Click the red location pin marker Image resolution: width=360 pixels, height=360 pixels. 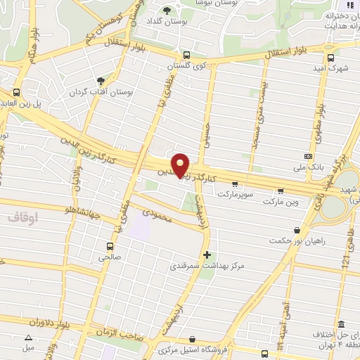tap(181, 165)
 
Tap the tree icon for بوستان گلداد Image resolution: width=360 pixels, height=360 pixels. tap(167, 10)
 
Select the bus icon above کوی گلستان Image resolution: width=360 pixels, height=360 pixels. tap(186, 55)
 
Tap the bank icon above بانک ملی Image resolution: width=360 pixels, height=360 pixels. tap(308, 156)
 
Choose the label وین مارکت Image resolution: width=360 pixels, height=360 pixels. tap(281, 202)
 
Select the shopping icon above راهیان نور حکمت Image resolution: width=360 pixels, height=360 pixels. tap(298, 229)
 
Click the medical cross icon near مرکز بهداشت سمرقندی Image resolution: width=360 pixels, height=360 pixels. tap(206, 254)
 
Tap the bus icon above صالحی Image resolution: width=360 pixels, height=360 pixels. tap(110, 246)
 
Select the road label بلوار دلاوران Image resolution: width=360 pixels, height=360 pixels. tap(32, 323)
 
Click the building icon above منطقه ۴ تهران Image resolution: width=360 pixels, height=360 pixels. tap(341, 325)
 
